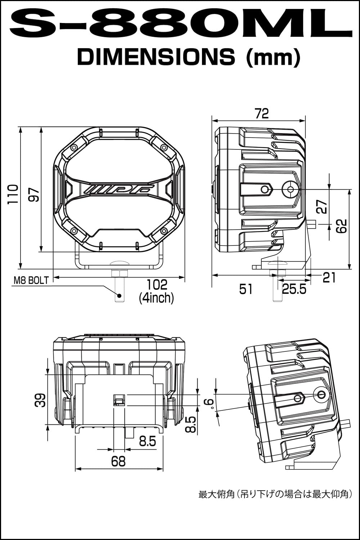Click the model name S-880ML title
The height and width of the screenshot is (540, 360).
click(180, 23)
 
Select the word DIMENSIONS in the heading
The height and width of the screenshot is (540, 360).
click(156, 57)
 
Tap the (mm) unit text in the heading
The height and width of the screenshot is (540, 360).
click(273, 58)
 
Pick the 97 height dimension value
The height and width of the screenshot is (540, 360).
click(33, 194)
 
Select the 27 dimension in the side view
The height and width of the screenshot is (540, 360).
click(322, 206)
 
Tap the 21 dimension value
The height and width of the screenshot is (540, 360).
click(329, 278)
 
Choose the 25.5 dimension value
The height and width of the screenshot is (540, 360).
click(294, 289)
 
